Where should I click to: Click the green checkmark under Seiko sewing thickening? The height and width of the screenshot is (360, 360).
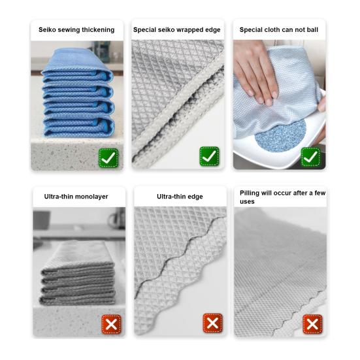[x=108, y=157]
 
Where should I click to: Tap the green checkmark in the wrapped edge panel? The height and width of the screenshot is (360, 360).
[x=209, y=156]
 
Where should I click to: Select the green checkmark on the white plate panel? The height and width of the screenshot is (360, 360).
[x=310, y=157]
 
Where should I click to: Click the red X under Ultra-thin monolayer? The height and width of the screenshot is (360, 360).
[x=112, y=324]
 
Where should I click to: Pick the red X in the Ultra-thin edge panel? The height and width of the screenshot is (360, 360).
[x=212, y=323]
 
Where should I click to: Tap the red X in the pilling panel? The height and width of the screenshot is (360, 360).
[x=313, y=324]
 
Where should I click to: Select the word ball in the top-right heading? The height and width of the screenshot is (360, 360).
[x=313, y=29]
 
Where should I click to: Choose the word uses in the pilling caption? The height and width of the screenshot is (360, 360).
[x=247, y=202]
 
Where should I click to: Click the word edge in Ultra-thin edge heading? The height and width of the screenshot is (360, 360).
[x=195, y=197]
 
